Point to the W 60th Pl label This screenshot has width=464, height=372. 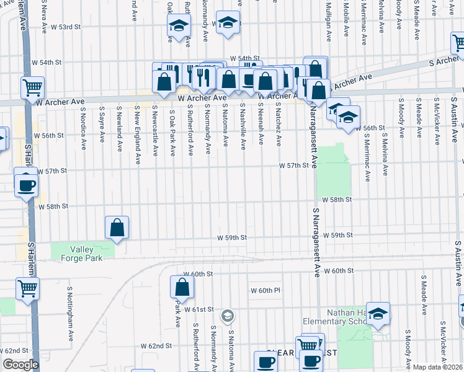point(265,290)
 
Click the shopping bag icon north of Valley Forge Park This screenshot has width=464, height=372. point(117,228)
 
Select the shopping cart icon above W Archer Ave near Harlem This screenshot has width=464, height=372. point(32,87)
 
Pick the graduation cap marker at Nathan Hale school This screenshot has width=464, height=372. point(377,314)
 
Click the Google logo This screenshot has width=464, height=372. point(20,365)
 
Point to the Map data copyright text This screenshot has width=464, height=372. point(438,367)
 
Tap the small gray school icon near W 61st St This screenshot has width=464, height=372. point(228,316)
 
